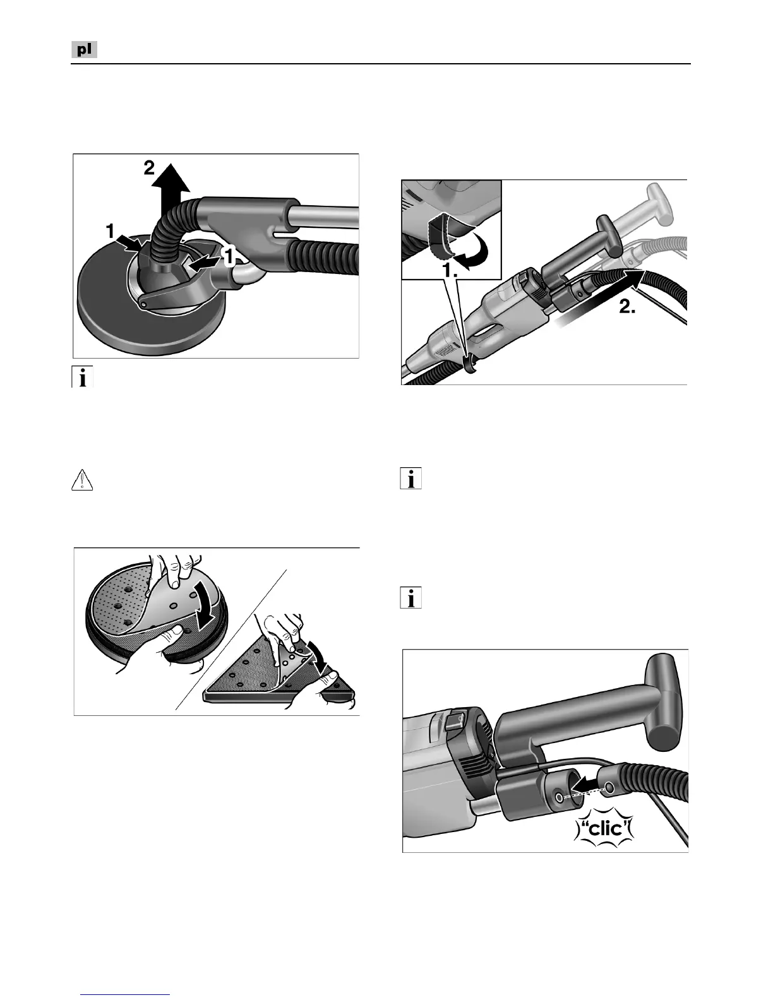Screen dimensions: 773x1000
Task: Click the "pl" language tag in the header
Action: tap(84, 49)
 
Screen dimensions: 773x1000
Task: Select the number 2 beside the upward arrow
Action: tap(149, 168)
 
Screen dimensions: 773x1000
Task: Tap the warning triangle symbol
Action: tap(82, 480)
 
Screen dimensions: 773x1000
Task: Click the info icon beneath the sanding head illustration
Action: tap(82, 377)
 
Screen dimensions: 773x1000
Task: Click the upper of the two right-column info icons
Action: tap(410, 479)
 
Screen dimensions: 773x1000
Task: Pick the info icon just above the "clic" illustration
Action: tap(410, 598)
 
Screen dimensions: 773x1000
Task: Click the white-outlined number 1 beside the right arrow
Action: tap(229, 256)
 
